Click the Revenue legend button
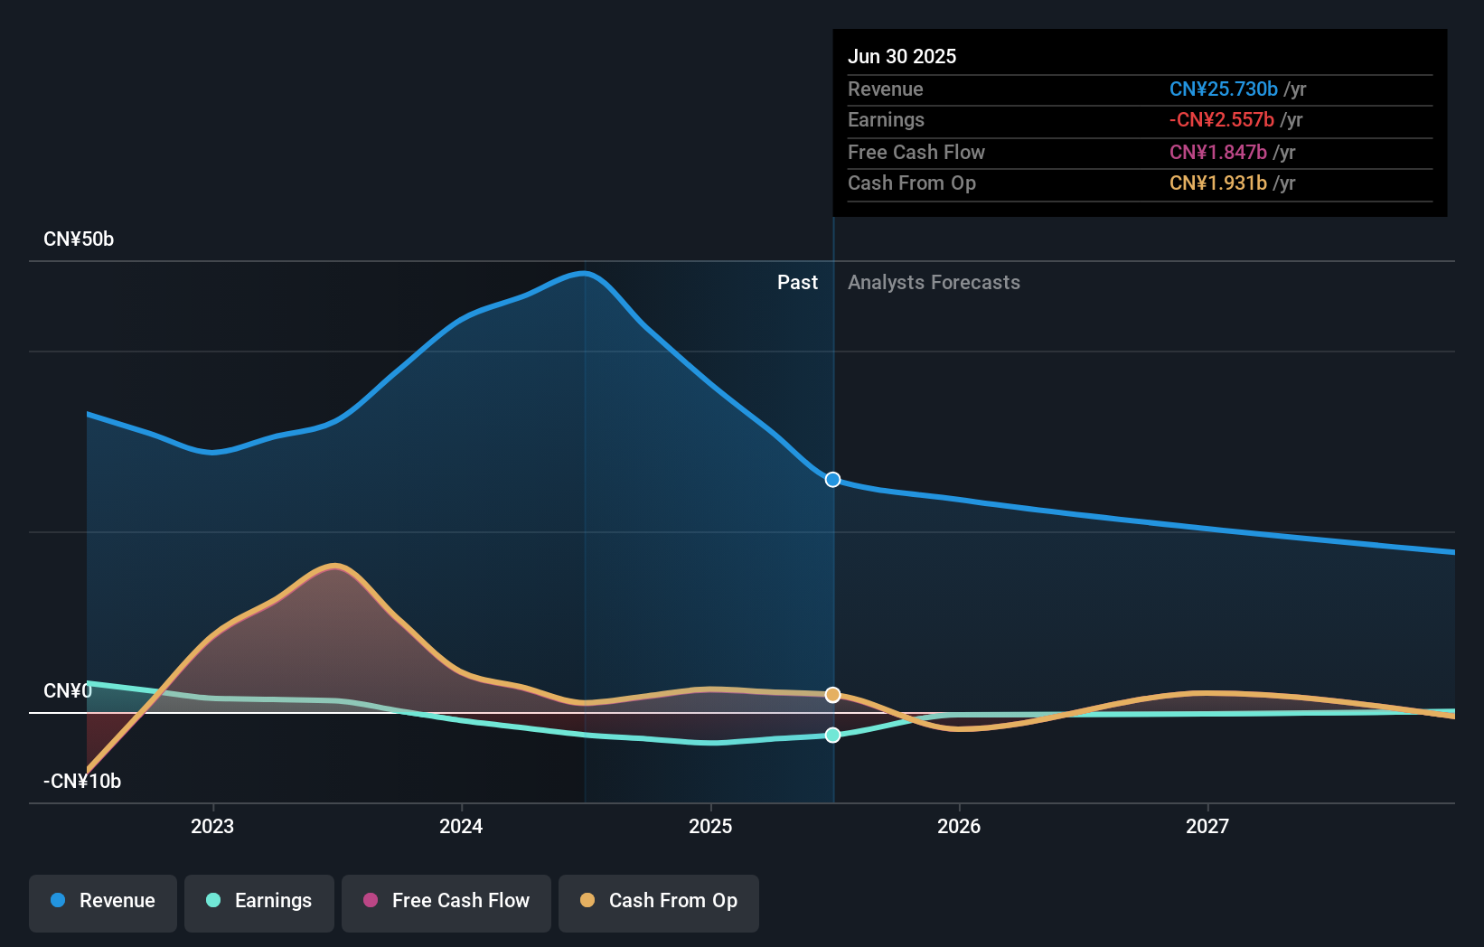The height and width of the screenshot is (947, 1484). point(103,901)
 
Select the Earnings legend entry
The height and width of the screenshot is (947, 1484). point(259,901)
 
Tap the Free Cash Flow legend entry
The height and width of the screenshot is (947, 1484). point(446,901)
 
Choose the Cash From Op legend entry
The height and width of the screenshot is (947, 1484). point(659,901)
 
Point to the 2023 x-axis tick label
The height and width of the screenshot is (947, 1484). point(212,826)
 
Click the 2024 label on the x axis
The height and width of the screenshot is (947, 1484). point(461,826)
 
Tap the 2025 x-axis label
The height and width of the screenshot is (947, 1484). point(710,826)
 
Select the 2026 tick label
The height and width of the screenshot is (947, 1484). point(959,826)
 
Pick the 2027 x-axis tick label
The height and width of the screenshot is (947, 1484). point(1207,826)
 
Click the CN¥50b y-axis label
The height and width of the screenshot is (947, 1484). point(79,239)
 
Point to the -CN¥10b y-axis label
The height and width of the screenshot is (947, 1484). point(82,781)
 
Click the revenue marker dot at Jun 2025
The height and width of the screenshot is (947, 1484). point(833,480)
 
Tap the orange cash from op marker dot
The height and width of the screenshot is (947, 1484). point(833,695)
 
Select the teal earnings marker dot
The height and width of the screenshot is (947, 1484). point(833,736)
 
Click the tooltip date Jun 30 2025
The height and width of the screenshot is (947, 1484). point(902,56)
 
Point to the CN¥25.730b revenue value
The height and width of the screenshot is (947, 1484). point(1224,89)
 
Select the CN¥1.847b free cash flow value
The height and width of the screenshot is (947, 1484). point(1218,152)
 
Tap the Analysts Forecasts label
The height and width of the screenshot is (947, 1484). point(934,283)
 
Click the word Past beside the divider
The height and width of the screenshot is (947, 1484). point(797,283)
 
